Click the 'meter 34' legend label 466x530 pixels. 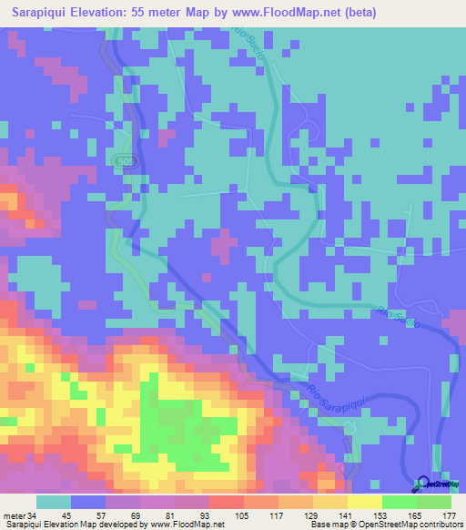[18, 515]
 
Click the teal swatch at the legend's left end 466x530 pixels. [54, 503]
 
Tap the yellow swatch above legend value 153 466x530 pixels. [364, 503]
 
